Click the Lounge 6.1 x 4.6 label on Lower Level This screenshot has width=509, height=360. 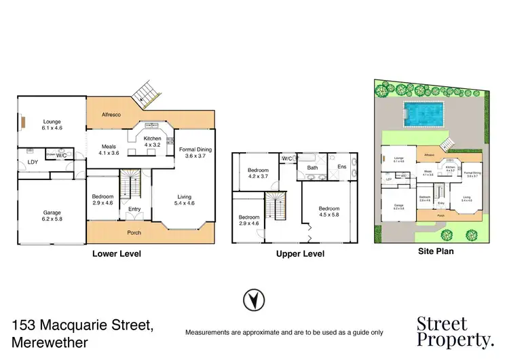(52, 124)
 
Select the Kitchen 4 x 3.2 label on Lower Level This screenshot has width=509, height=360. (151, 141)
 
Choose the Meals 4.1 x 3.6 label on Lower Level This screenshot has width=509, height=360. (109, 149)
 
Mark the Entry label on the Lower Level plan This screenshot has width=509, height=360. (134, 209)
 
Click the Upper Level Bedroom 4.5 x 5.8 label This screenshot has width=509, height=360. (329, 213)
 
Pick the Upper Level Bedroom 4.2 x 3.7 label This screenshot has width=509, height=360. (258, 173)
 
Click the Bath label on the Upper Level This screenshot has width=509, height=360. (312, 167)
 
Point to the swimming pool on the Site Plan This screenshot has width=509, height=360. (424, 113)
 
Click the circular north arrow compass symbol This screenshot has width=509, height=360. (254, 299)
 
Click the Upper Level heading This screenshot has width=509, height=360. (300, 253)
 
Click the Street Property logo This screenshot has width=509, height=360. (455, 331)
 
